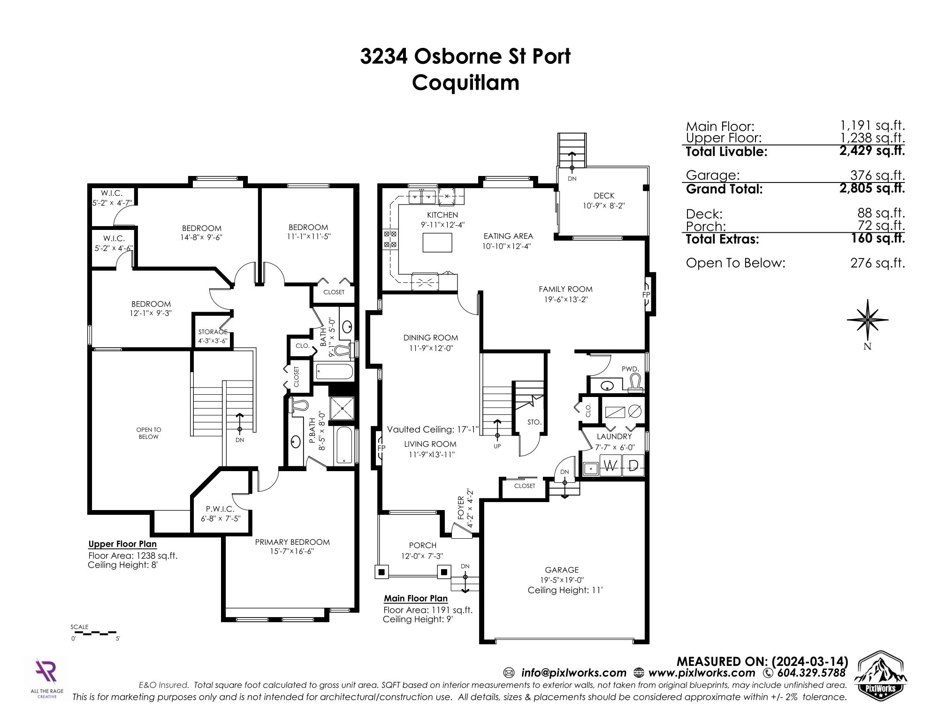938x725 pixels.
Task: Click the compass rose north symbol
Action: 868,320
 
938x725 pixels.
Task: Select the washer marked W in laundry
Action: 610,466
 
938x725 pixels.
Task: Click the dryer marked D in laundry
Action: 633,466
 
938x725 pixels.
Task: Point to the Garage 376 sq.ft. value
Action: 877,175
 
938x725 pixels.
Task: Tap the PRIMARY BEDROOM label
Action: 292,542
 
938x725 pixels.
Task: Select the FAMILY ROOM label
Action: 565,289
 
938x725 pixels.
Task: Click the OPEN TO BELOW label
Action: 149,433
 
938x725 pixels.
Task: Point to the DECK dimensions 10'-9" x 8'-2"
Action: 603,206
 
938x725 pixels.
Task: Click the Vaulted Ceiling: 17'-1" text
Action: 433,429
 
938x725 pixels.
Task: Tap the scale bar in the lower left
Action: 96,633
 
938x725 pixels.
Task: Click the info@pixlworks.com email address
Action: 573,673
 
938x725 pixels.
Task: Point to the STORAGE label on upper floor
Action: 213,332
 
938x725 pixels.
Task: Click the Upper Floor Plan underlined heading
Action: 122,544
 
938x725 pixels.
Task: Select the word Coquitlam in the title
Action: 466,83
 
